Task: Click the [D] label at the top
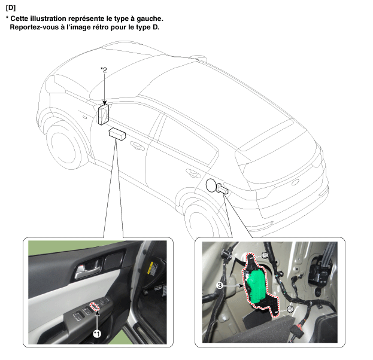pos(11,8)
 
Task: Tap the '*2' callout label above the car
pos(104,70)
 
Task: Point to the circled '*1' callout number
pos(97,334)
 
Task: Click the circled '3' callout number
pos(220,285)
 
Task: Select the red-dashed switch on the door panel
pos(94,306)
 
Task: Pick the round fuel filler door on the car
pos(211,185)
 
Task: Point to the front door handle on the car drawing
pos(137,145)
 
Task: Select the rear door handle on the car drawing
pos(193,173)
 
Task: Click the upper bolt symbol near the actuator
pos(265,255)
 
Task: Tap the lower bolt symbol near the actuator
pos(290,309)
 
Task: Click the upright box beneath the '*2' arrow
pos(104,114)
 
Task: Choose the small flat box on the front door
pos(117,134)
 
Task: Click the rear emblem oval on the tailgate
pos(295,182)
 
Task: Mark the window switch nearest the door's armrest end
pos(78,316)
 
